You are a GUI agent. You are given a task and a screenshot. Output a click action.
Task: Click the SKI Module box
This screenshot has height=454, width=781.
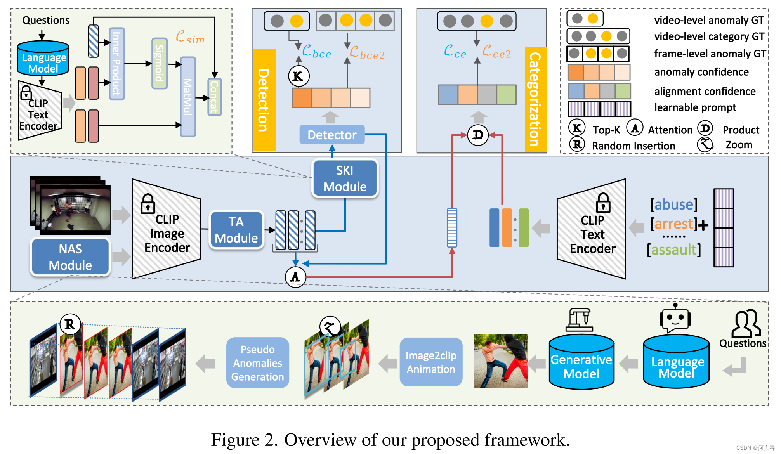[345, 178]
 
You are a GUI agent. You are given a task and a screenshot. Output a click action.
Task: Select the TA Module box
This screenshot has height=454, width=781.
[236, 230]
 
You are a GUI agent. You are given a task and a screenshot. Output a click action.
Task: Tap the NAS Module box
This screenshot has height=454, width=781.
[70, 257]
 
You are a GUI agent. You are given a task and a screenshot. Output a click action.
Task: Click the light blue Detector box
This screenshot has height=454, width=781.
[332, 135]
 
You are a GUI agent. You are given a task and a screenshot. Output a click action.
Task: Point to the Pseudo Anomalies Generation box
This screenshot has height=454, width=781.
[257, 363]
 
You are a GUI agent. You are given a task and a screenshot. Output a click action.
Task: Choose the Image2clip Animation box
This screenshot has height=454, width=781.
[431, 362]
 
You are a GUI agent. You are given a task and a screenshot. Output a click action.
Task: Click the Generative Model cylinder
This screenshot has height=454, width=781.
[581, 363]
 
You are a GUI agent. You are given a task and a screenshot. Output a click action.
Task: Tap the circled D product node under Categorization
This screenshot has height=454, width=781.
[478, 135]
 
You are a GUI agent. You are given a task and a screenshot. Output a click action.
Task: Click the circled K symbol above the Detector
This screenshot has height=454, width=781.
[299, 76]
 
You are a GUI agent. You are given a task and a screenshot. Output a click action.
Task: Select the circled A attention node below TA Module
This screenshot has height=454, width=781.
[295, 277]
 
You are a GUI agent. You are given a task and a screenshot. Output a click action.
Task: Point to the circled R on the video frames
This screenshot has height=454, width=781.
[70, 324]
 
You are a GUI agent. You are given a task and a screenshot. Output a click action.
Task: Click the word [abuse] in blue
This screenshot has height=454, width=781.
[674, 204]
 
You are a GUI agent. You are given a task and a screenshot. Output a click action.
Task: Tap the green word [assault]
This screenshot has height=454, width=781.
[674, 250]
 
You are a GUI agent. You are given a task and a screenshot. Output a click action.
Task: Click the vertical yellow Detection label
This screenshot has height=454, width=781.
[264, 100]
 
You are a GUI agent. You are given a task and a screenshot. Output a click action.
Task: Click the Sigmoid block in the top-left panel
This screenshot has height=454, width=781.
[159, 63]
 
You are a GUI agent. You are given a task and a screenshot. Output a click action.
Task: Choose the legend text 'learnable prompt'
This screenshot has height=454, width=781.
[695, 107]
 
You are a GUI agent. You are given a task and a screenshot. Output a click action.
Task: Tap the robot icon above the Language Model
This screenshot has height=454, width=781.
[675, 318]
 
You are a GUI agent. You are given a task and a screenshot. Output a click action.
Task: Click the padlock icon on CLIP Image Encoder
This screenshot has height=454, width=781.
[148, 204]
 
